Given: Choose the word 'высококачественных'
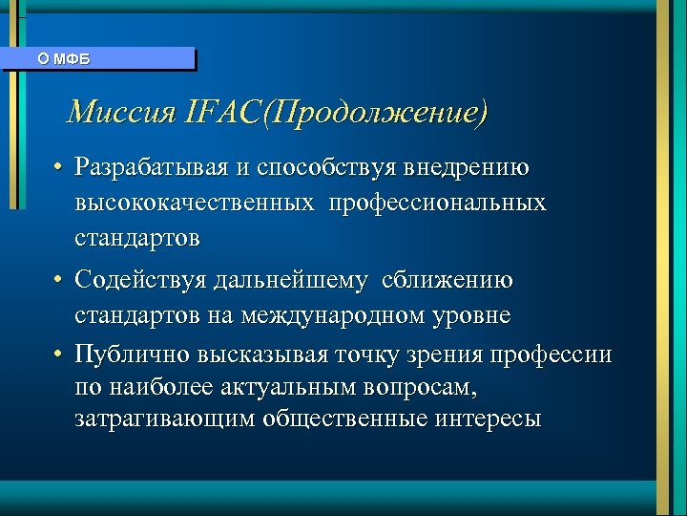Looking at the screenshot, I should pyautogui.click(x=196, y=203).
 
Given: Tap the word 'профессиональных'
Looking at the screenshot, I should pyautogui.click(x=440, y=203).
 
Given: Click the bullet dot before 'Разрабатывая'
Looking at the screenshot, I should pyautogui.click(x=58, y=169).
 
